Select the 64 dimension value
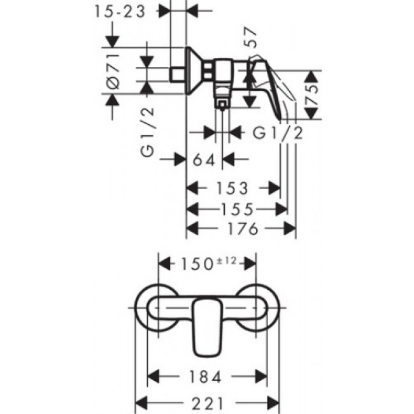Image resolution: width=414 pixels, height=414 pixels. pos(205,160)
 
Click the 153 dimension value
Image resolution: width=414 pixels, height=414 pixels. pos(232,188)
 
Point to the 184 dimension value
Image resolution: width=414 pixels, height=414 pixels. pos(205,377)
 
